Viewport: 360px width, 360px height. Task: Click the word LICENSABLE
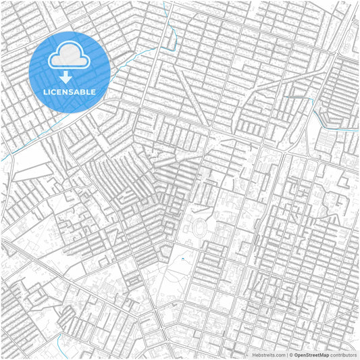pos(70,91)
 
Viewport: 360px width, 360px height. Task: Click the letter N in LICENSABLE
pos(66,91)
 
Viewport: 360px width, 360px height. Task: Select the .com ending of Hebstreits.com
pos(278,355)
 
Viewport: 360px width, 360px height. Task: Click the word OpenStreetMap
pos(311,355)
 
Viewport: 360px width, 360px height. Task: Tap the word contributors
pos(343,355)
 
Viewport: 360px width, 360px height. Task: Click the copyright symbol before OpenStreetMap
pos(291,355)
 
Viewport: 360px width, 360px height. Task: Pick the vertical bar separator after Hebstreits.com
pos(286,355)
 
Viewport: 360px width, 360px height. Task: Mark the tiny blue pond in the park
pos(182,259)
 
